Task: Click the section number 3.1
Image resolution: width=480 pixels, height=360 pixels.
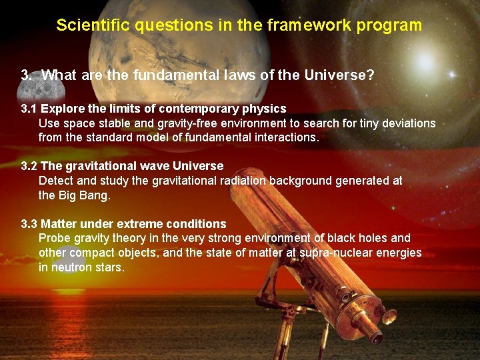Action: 29,109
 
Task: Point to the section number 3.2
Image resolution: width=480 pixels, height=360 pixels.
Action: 29,165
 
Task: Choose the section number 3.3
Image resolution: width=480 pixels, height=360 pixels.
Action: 29,223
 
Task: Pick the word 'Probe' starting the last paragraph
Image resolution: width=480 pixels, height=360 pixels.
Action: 53,238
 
